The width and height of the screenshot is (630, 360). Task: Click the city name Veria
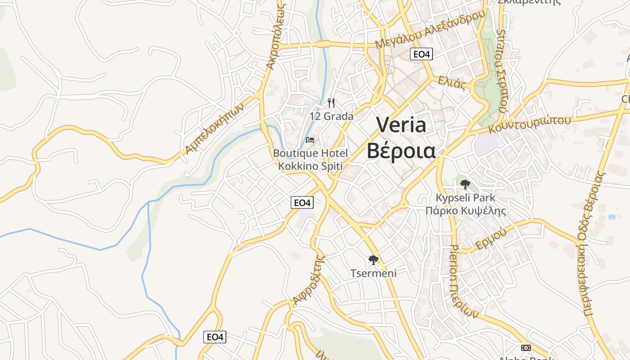pos(401,125)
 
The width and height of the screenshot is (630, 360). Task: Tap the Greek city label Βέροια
pos(401,151)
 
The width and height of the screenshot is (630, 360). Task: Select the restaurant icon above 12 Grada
pos(332,103)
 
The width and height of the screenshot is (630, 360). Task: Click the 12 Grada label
pos(331,116)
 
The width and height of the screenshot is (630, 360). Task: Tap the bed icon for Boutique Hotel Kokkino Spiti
pos(310,139)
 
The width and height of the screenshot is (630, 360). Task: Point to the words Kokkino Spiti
pos(310,166)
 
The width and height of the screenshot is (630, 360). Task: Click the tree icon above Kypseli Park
pos(465,184)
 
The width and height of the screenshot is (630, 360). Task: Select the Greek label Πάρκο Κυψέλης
pos(466,210)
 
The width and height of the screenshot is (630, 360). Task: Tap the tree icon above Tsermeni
pos(373,260)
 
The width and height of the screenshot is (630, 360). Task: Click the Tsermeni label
pos(373,273)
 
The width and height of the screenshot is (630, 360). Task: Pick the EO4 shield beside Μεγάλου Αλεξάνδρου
pos(421,54)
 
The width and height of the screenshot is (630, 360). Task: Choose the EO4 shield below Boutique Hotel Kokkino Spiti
pos(302,202)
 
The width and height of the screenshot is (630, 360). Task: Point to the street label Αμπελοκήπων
pos(215,128)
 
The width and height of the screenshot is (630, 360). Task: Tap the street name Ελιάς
pos(452,84)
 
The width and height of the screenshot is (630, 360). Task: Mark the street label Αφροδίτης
pos(309,280)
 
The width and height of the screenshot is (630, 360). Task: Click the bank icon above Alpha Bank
pos(526,347)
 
